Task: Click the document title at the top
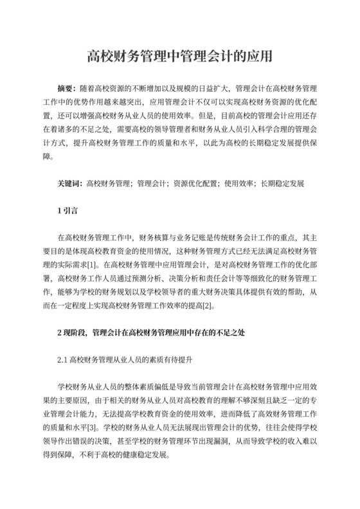(x=180, y=57)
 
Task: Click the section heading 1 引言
(x=67, y=211)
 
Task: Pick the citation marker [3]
(x=93, y=427)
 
